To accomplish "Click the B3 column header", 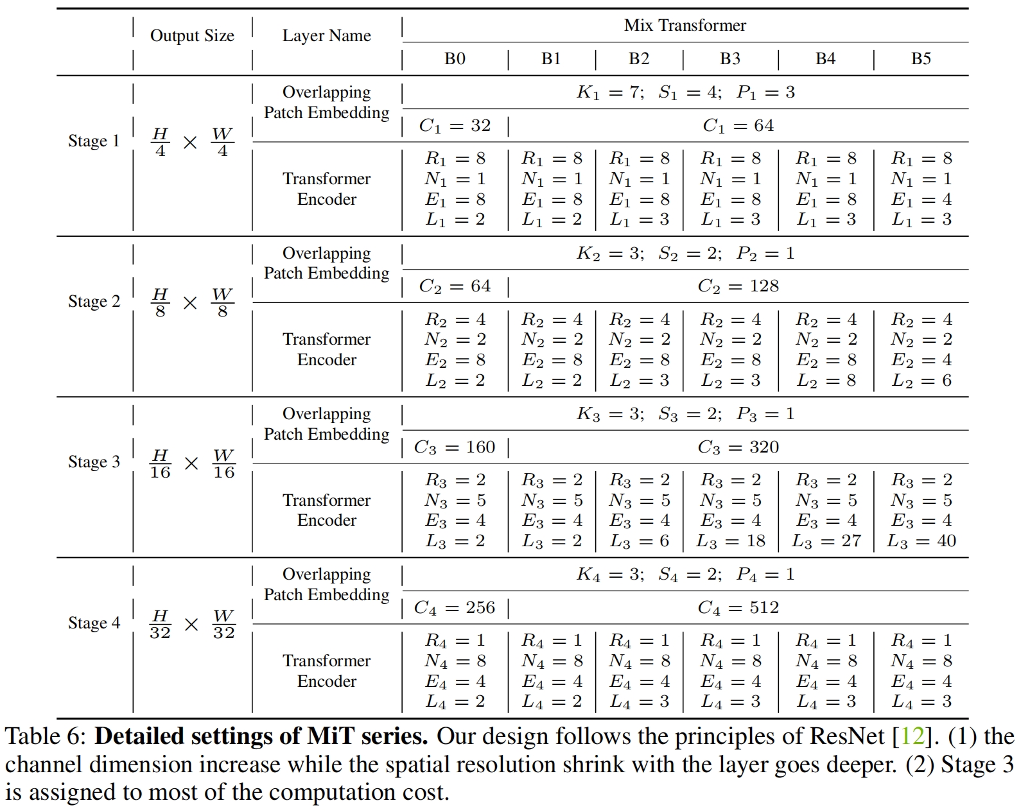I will coord(730,59).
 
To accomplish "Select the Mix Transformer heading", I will coord(685,26).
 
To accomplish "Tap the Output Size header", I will coord(192,36).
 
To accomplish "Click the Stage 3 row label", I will coord(94,462).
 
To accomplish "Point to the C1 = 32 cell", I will coord(455,126).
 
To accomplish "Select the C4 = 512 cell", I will coord(738,608).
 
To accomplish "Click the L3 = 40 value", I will coord(921,541).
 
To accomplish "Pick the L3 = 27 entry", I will coord(826,541).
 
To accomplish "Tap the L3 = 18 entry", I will coord(731,541).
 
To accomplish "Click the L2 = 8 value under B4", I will coord(826,381).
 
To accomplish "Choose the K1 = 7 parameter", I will coord(609,92).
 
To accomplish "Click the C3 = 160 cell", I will coord(455,447).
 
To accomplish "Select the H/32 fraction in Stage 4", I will coord(160,625).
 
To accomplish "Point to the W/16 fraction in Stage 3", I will coord(223,464).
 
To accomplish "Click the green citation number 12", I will coord(912,736).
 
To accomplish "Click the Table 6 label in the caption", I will coord(44,736).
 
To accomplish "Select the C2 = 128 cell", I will coord(738,286).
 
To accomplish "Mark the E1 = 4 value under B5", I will coord(921,200).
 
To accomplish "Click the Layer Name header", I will coord(326,36).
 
